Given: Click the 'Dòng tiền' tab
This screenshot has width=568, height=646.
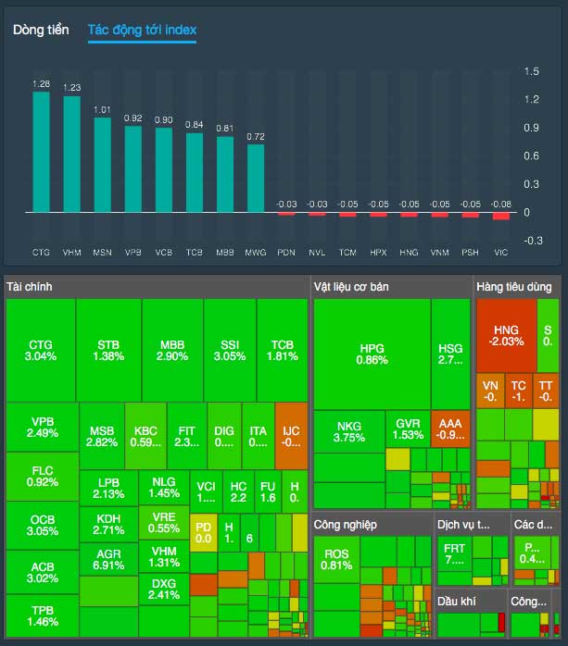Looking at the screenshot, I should click(x=41, y=30).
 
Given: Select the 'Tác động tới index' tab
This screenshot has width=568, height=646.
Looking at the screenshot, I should click(x=142, y=30).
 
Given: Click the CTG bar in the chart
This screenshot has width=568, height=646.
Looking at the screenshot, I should click(x=41, y=152).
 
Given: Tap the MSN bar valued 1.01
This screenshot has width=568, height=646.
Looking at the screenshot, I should click(x=102, y=165).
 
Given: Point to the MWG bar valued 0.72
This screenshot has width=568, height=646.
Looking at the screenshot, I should click(x=256, y=178).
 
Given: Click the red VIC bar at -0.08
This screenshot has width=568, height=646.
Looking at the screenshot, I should click(x=501, y=216).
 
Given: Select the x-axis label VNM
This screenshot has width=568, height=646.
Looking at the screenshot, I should click(x=440, y=252).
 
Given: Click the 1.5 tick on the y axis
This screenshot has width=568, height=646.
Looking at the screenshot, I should click(x=532, y=71).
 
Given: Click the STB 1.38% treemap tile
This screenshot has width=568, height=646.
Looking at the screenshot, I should click(x=109, y=350).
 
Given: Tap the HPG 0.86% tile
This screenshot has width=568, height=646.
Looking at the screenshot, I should click(x=372, y=354).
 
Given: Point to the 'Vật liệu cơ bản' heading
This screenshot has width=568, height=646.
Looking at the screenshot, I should click(x=351, y=287).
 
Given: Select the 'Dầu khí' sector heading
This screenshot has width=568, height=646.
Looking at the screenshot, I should click(x=458, y=603).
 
